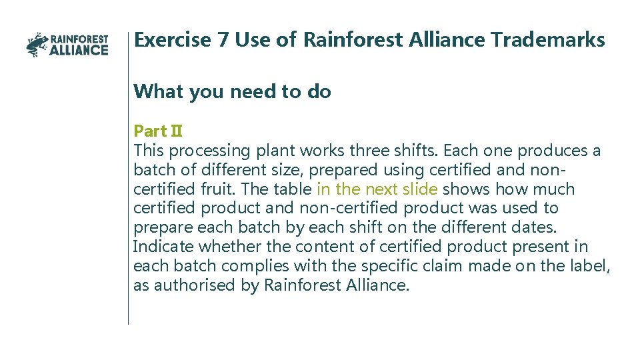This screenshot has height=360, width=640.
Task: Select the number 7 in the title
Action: pos(223,40)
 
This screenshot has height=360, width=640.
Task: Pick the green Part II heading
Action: pos(158,131)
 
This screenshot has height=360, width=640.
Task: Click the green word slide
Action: pos(419,189)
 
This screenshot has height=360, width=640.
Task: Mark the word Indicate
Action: pos(163,247)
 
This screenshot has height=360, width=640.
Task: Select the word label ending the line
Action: pos(589,266)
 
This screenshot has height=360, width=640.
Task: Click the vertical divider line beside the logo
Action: pos(128,200)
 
